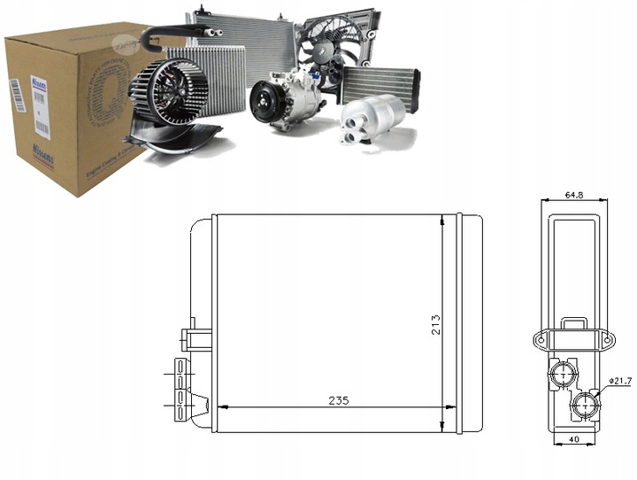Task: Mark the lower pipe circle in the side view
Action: click(584, 406)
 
